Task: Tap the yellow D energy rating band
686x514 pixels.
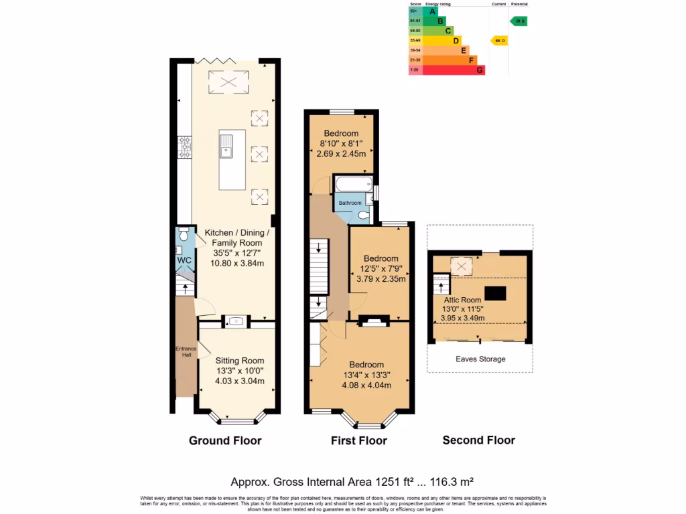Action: [x=442, y=41]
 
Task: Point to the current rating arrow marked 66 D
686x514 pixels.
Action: [x=499, y=41]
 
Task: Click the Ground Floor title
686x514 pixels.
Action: [x=225, y=440]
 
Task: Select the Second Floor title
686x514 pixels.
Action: [x=479, y=440]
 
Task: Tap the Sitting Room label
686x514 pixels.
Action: [x=239, y=360]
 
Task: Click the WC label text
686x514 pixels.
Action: [x=184, y=260]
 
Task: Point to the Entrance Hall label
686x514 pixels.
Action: [x=186, y=351]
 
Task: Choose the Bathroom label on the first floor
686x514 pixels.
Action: [x=350, y=203]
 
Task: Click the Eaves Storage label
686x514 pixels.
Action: [x=480, y=359]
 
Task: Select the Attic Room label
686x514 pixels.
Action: [x=462, y=300]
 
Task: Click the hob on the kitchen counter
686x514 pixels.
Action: [x=184, y=147]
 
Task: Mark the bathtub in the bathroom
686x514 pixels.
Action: [x=352, y=184]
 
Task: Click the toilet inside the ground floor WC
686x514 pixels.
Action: [x=183, y=236]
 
